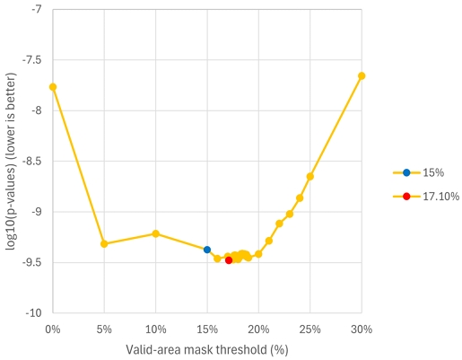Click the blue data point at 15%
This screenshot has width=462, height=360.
[207, 250]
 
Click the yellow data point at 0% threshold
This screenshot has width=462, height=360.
[53, 87]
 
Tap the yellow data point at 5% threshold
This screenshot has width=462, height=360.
[104, 243]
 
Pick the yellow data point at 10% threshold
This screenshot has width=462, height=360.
[156, 233]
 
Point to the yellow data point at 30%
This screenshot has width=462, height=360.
[362, 76]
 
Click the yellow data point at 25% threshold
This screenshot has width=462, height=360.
[310, 177]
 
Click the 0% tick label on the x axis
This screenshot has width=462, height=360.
[53, 329]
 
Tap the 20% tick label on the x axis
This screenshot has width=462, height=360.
[258, 329]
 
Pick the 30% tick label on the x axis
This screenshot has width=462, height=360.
[362, 329]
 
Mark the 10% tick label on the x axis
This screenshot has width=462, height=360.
[156, 329]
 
